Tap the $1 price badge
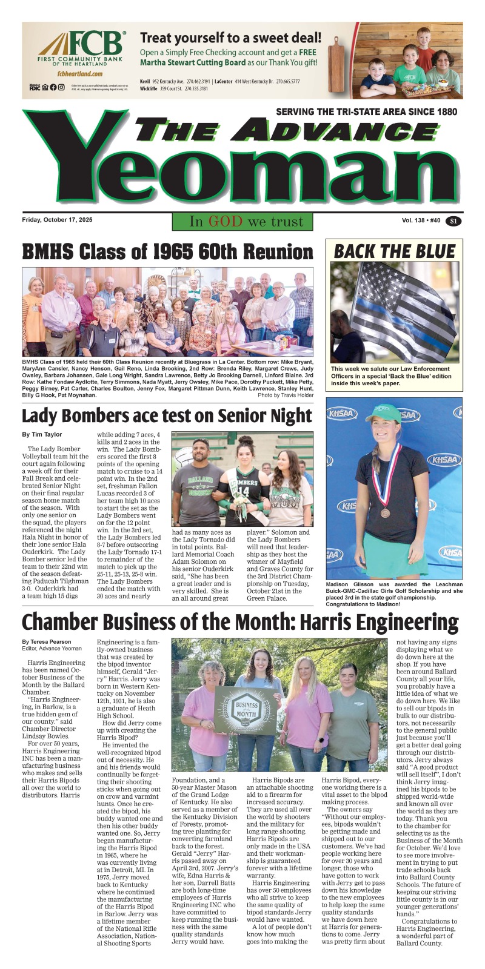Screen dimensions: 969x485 pyautogui.click(x=453, y=221)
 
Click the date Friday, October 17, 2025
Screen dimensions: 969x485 pyautogui.click(x=58, y=220)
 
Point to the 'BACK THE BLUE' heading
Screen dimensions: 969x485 pyautogui.click(x=395, y=251)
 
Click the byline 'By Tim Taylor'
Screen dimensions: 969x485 pyautogui.click(x=42, y=434)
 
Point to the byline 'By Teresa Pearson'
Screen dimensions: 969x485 pyautogui.click(x=46, y=641)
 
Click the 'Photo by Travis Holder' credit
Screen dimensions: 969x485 pyautogui.click(x=286, y=395)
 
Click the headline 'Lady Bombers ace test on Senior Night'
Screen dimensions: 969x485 pyautogui.click(x=167, y=416)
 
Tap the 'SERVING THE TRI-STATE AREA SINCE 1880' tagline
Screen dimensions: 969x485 pyautogui.click(x=366, y=112)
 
